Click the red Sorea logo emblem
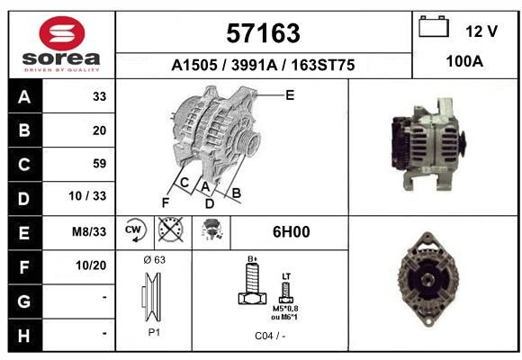(x=62, y=33)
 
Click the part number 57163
(x=263, y=33)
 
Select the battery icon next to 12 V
(x=434, y=26)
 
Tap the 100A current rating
(x=464, y=61)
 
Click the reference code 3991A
(x=254, y=65)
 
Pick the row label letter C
(x=24, y=165)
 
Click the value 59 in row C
(x=100, y=164)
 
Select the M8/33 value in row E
(x=89, y=231)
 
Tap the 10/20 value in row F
(x=91, y=265)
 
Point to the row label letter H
(x=24, y=336)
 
